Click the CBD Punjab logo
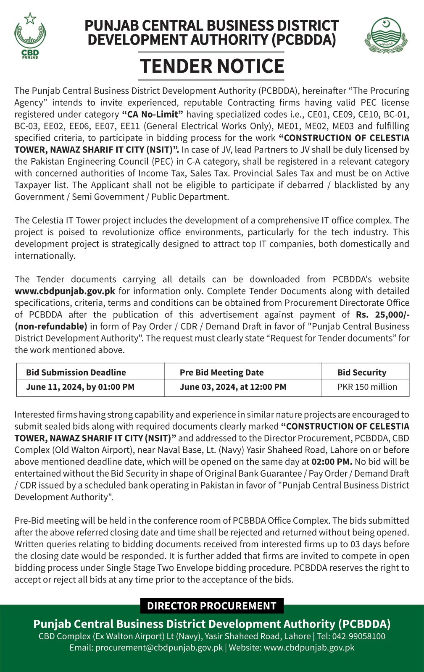tap(30, 36)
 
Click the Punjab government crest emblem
tap(385, 36)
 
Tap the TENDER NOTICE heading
tap(212, 66)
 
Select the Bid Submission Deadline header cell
tap(76, 372)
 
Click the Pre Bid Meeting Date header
tap(221, 372)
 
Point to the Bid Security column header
tap(361, 372)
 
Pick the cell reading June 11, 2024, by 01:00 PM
tap(80, 387)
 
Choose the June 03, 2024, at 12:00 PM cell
tap(233, 387)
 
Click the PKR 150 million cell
tap(367, 387)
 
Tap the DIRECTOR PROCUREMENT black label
tap(212, 606)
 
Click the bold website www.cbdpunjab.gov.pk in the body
tap(65, 291)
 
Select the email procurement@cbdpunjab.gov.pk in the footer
tap(159, 647)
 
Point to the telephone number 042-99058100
tap(358, 636)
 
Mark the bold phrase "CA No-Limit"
tap(153, 114)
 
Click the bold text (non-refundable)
tap(51, 326)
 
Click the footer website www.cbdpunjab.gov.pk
tap(309, 647)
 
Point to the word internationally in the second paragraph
tap(45, 256)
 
